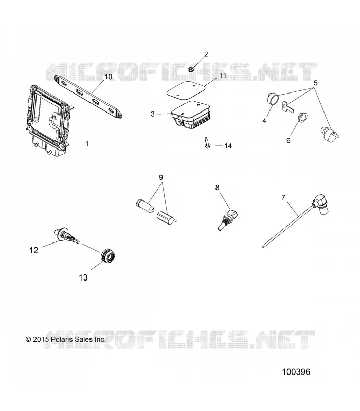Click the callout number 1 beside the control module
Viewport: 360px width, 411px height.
pyautogui.click(x=87, y=144)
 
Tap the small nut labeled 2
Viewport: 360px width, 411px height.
pyautogui.click(x=191, y=70)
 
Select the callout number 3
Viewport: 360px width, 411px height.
pyautogui.click(x=153, y=114)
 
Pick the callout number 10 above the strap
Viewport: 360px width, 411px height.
pyautogui.click(x=109, y=77)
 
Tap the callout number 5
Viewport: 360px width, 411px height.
pyautogui.click(x=316, y=83)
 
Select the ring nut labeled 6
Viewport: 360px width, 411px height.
pyautogui.click(x=303, y=118)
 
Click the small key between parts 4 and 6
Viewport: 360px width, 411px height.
pyautogui.click(x=287, y=107)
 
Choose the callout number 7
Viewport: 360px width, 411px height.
pyautogui.click(x=283, y=197)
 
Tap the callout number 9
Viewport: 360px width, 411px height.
pyautogui.click(x=161, y=177)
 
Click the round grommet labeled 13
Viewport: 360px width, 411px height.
pyautogui.click(x=108, y=254)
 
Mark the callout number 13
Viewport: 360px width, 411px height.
pyautogui.click(x=83, y=277)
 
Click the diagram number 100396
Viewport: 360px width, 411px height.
pyautogui.click(x=296, y=372)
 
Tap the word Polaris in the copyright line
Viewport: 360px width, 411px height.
pyautogui.click(x=62, y=339)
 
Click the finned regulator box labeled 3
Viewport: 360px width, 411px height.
pyautogui.click(x=191, y=115)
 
